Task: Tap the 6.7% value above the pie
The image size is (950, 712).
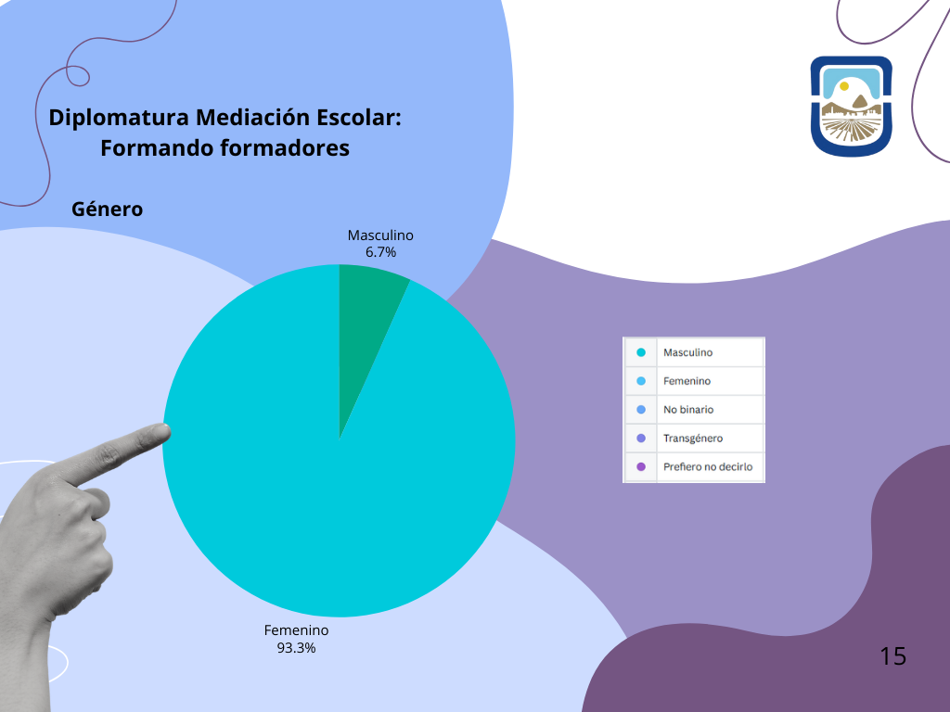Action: click(380, 252)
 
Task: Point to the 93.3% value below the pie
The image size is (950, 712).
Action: click(296, 648)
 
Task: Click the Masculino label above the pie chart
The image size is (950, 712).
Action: click(380, 235)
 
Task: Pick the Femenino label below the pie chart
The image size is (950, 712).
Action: click(296, 630)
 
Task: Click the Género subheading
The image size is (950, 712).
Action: click(108, 210)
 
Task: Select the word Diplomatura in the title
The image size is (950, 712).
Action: click(119, 118)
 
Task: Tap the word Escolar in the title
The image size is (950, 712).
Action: click(356, 118)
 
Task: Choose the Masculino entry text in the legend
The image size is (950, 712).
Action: click(687, 352)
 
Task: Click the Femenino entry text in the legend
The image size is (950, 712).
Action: click(687, 381)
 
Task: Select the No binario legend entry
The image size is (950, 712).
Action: click(688, 410)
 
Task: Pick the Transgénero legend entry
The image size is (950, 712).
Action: click(693, 439)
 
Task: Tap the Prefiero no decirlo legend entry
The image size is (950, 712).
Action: click(708, 467)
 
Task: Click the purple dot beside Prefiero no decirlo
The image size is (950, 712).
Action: click(641, 467)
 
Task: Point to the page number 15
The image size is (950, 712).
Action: click(892, 656)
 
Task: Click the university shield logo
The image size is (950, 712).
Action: click(852, 106)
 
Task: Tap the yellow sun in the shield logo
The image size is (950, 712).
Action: click(844, 86)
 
